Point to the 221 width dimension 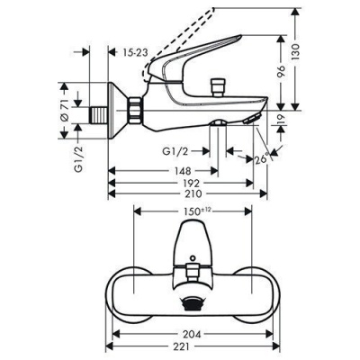pos(195,345)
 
